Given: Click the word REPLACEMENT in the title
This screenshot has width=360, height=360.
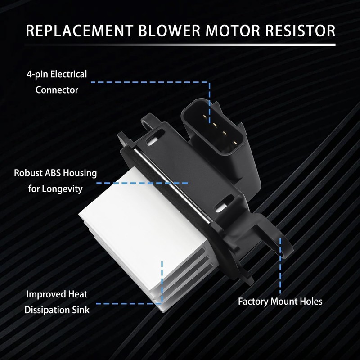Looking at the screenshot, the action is [x=80, y=31].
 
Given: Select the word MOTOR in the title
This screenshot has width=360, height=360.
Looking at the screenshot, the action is [x=233, y=31].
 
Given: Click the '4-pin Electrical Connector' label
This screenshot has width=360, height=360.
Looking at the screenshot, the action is [x=57, y=82].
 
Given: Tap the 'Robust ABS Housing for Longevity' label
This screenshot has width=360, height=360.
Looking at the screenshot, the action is [x=55, y=181].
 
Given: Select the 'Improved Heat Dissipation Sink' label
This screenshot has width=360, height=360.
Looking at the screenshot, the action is [x=57, y=302].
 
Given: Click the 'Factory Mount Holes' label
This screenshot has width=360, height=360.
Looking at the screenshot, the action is [x=280, y=301].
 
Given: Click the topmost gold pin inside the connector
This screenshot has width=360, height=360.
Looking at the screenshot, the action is [x=205, y=117].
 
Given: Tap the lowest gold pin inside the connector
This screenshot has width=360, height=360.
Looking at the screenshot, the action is [x=234, y=144].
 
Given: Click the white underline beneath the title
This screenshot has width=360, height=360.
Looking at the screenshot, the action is [x=180, y=45].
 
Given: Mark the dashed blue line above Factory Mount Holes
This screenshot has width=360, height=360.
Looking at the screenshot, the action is [x=280, y=266].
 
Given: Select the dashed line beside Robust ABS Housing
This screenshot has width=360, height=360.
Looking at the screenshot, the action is [x=142, y=183].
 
